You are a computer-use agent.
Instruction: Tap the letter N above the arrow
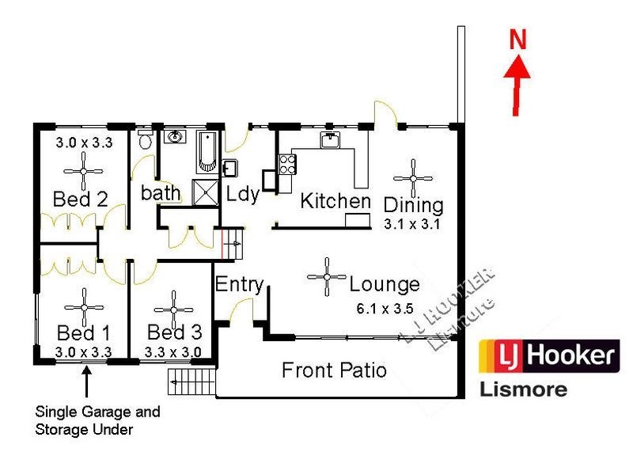[518, 40]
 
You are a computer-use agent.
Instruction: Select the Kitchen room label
[335, 201]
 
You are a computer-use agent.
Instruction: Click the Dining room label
[413, 205]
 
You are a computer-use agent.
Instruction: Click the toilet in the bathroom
[144, 142]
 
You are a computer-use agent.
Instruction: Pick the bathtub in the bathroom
[206, 151]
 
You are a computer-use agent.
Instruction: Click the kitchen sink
[330, 141]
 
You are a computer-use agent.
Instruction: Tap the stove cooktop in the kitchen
[286, 164]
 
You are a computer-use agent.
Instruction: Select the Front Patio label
[334, 370]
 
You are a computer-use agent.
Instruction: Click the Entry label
[239, 284]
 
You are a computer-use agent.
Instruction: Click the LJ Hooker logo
[550, 355]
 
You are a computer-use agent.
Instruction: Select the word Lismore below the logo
[523, 389]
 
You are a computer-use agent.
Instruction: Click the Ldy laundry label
[243, 194]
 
